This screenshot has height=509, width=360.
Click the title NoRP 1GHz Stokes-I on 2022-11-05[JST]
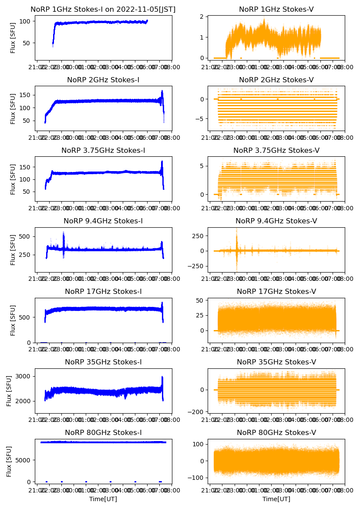[103, 10]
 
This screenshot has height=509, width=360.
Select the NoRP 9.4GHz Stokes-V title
[276, 221]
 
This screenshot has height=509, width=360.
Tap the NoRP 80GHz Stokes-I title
[103, 433]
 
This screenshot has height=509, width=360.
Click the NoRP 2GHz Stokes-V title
[276, 80]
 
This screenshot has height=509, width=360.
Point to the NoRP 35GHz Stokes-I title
[103, 362]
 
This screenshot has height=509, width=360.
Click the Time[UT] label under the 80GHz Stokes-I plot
[103, 499]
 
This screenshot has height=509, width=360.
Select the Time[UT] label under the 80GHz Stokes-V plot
[276, 499]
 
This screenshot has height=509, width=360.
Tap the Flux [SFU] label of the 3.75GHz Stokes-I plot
[13, 179]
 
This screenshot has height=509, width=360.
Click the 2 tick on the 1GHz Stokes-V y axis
[203, 17]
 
